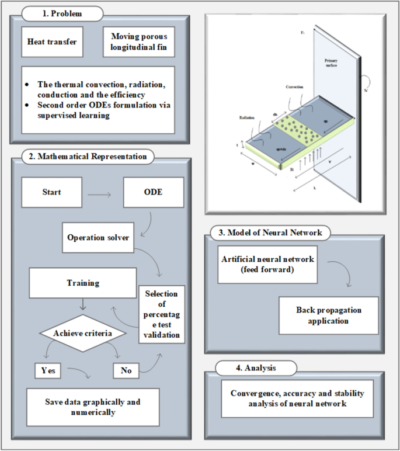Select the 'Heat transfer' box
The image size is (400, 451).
point(53,41)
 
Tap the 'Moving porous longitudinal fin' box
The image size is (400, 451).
point(138,41)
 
